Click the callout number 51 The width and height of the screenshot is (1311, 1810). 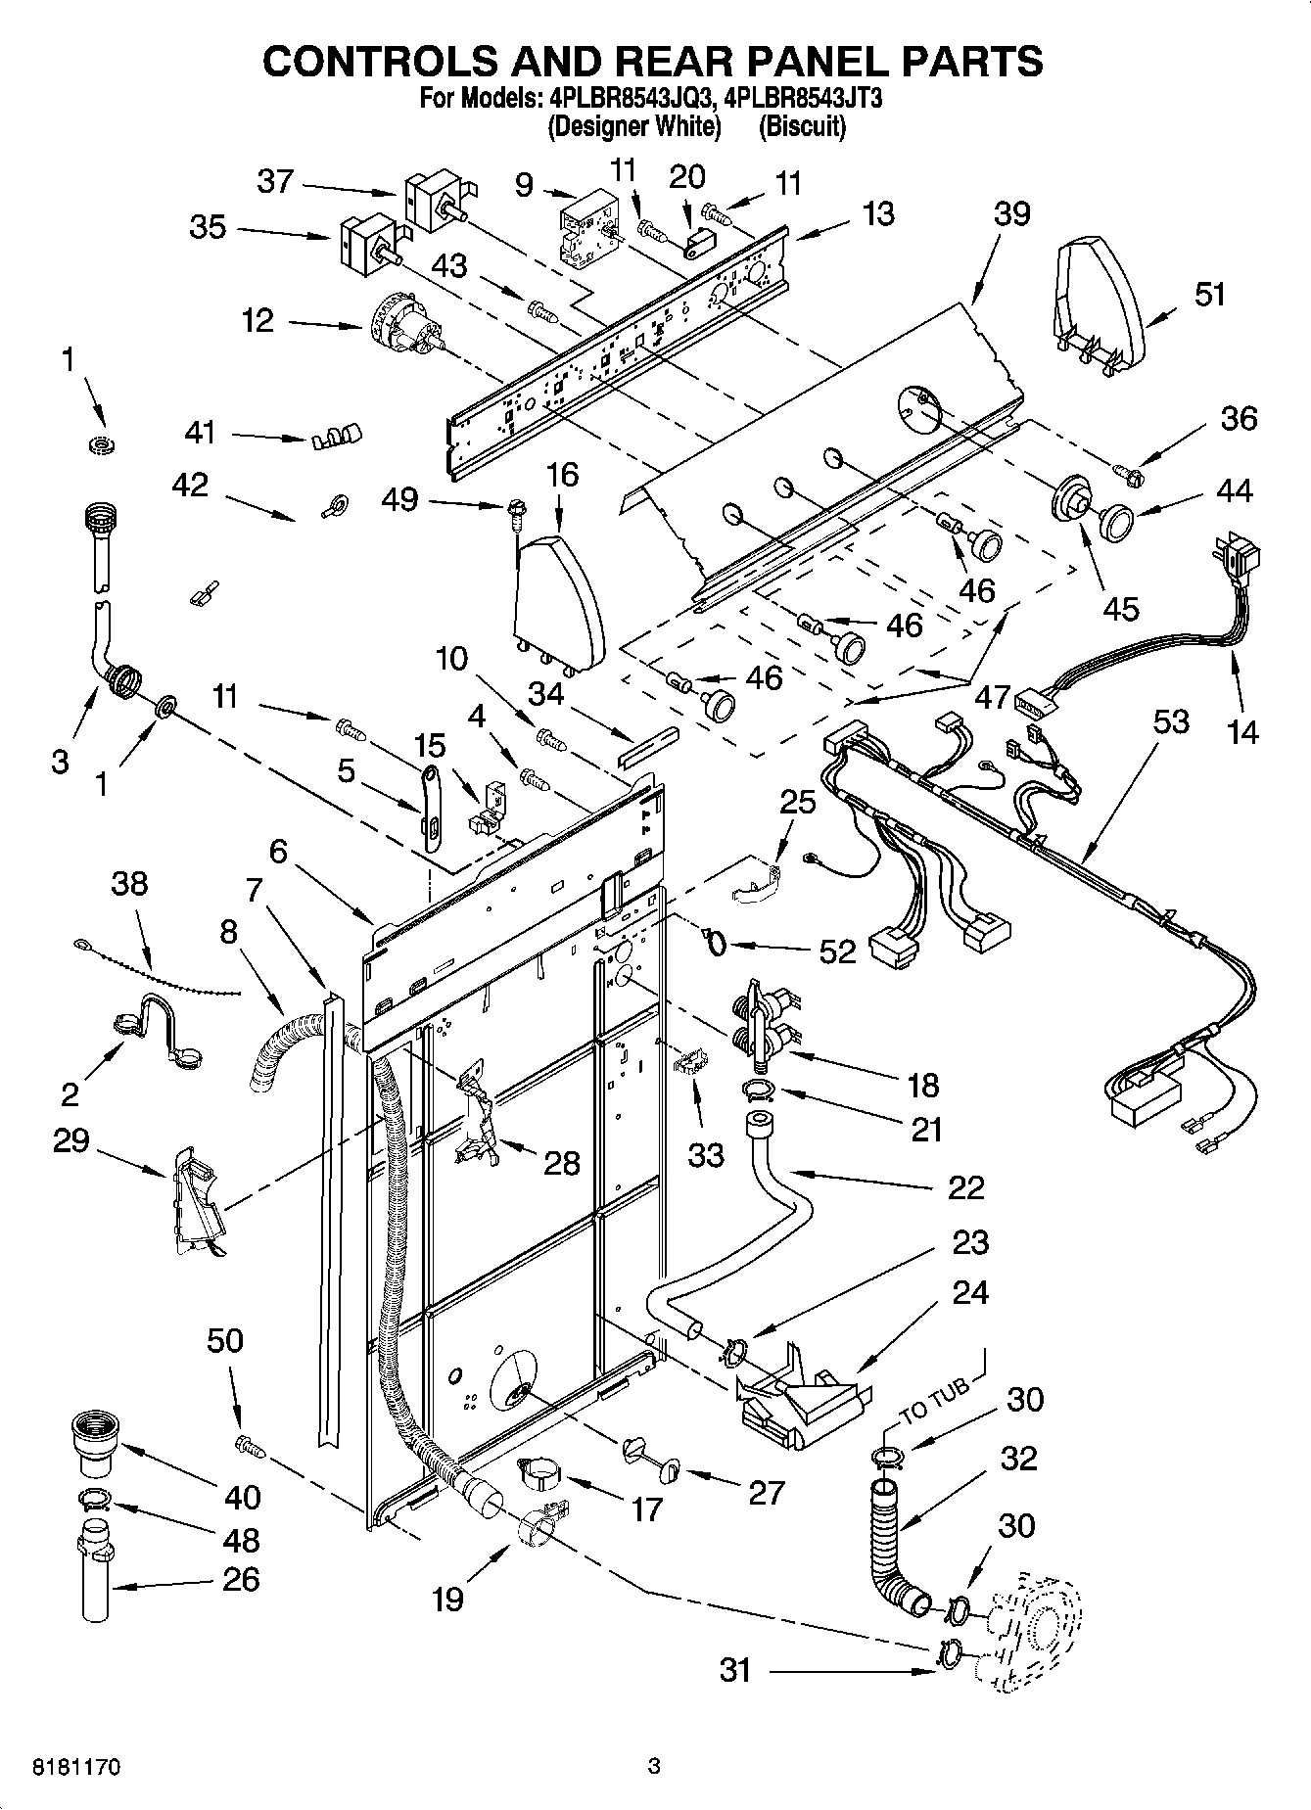[1210, 294]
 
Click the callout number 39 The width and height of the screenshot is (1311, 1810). [1011, 213]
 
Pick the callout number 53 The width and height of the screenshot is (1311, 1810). [1171, 722]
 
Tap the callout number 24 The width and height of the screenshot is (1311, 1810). [969, 1293]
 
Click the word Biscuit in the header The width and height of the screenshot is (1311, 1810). [802, 126]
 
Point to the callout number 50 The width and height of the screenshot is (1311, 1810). [224, 1340]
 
